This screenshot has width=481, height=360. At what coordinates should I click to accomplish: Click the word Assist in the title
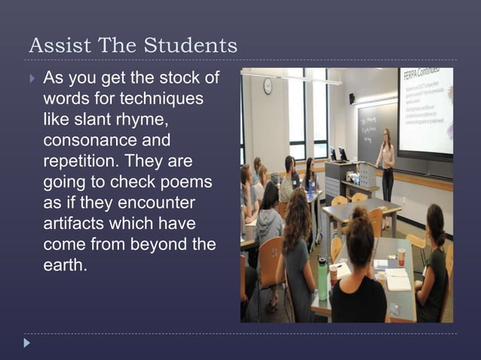tap(54, 46)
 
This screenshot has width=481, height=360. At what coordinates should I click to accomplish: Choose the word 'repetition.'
tap(81, 162)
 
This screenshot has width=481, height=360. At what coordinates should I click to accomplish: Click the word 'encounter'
tap(158, 204)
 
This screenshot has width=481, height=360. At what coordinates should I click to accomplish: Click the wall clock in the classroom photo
tap(268, 87)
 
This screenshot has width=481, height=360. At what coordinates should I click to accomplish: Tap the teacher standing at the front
tap(386, 162)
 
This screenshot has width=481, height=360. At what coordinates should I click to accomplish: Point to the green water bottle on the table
tap(322, 278)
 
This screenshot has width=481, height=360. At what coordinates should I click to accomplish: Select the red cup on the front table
tap(401, 256)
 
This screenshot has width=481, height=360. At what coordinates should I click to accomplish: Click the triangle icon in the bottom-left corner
tap(27, 343)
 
